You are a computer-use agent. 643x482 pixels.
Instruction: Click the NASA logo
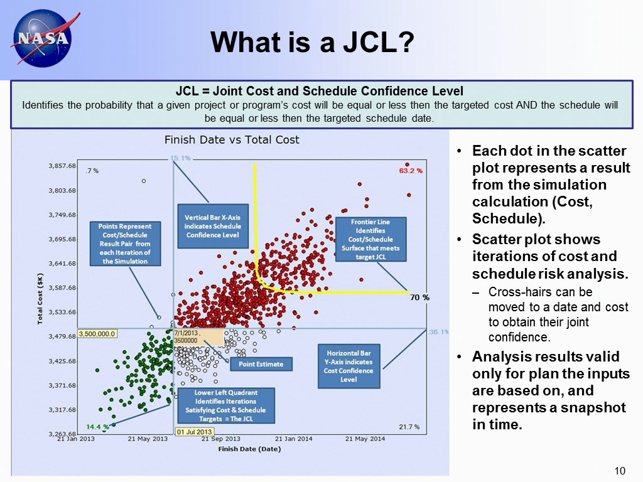pos(41,39)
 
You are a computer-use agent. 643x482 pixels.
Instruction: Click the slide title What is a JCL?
pos(312,43)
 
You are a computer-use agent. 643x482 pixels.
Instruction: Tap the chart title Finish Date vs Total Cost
pos(232,139)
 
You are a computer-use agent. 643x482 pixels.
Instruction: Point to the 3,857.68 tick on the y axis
pos(63,166)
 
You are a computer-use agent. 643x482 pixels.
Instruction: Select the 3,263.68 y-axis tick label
pos(63,434)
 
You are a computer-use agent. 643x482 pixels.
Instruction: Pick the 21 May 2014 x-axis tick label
pos(365,439)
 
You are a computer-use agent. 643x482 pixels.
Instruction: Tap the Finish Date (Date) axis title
pos(249,449)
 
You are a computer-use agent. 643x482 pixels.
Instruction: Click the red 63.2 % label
pos(411,170)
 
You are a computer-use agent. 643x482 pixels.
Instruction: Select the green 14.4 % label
pos(97,427)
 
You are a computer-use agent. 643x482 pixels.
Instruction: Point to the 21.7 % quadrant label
pos(409,427)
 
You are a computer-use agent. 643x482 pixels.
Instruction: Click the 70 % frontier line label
pos(419,297)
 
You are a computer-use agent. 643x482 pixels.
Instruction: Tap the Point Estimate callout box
pos(261,364)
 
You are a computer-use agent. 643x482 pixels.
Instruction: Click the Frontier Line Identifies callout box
pos(370,239)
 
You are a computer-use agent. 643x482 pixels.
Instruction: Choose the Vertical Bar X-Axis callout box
pos(213,226)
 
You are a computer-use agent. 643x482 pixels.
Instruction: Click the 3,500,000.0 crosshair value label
pos(97,333)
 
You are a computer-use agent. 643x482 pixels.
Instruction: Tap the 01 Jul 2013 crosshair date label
pos(195,432)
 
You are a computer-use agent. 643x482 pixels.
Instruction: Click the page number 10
pos(620,471)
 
